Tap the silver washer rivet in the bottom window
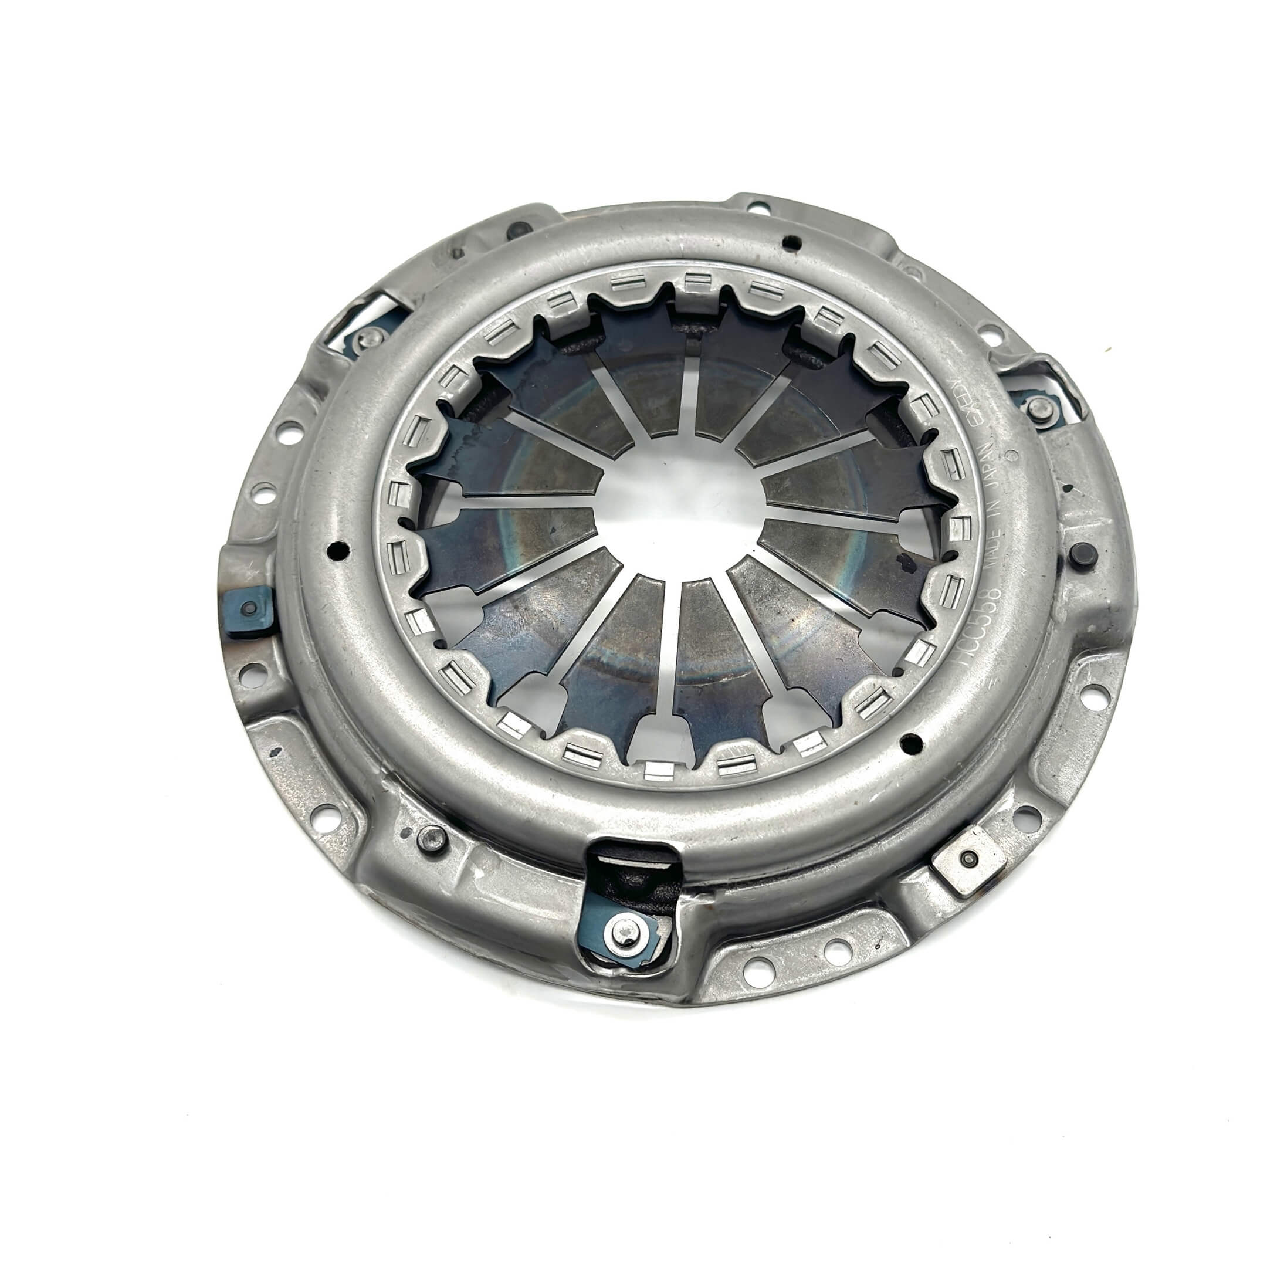tap(621, 926)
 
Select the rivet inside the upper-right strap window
tap(1038, 408)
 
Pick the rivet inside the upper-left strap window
tap(372, 337)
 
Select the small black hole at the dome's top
tap(792, 242)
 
